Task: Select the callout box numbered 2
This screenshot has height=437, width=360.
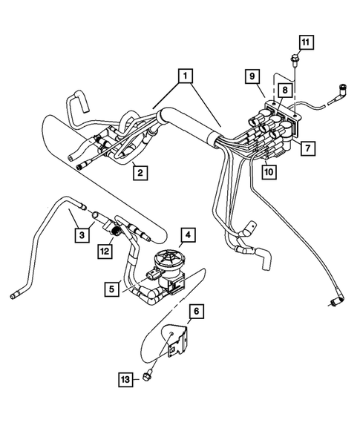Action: (x=139, y=173)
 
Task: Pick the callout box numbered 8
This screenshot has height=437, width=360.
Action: (x=285, y=89)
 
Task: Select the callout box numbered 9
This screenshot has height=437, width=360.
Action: (x=252, y=76)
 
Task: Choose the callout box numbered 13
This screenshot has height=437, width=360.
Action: (x=127, y=379)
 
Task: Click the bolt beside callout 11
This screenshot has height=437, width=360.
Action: (x=295, y=59)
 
